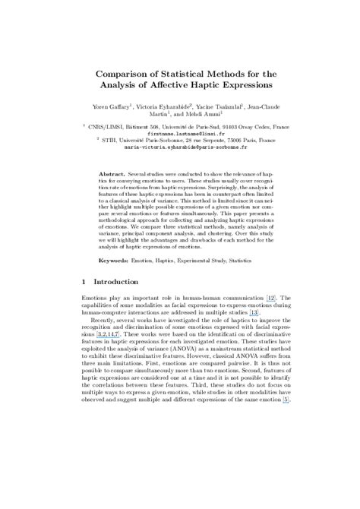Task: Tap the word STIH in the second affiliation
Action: (103, 141)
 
